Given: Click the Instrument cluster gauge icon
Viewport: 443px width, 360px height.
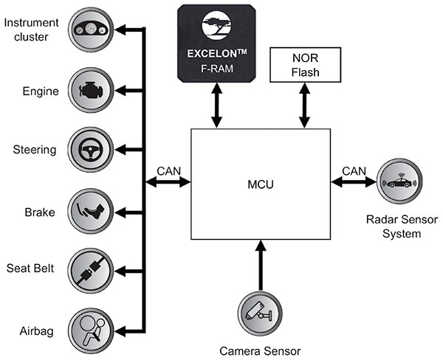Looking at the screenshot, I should pyautogui.click(x=92, y=29).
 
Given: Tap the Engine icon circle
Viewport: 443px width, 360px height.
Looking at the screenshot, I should pyautogui.click(x=92, y=90).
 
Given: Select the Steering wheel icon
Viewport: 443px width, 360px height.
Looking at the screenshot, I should pyautogui.click(x=92, y=150).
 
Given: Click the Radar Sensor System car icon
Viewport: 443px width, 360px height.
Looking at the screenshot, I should pyautogui.click(x=398, y=181).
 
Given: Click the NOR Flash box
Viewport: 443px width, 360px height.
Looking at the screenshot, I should pyautogui.click(x=305, y=65).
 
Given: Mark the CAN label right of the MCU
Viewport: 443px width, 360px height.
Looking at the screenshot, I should pyautogui.click(x=354, y=171).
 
